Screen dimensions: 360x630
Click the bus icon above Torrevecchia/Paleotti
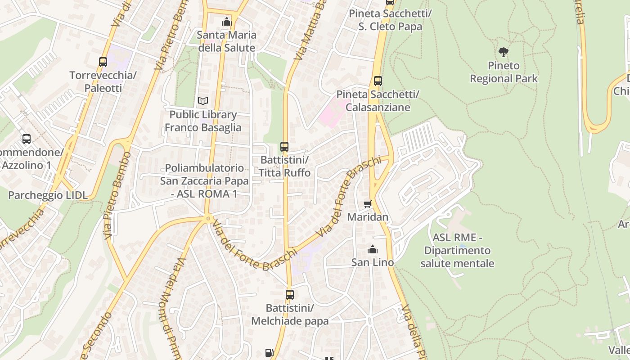tap(103, 62)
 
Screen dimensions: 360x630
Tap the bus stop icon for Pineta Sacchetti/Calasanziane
tap(378, 81)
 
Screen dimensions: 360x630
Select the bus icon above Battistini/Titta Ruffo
tap(284, 146)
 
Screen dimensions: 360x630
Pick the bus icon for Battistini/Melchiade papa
tap(290, 295)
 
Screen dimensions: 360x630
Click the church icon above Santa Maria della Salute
tap(227, 22)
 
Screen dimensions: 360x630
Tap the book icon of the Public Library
tap(203, 101)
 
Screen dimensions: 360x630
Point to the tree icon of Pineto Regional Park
tap(504, 52)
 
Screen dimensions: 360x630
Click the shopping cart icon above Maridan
tap(368, 204)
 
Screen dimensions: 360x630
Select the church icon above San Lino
tap(373, 249)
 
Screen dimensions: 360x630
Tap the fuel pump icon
tap(269, 353)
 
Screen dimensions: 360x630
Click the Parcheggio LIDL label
tap(48, 195)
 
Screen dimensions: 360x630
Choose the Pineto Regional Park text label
tap(504, 72)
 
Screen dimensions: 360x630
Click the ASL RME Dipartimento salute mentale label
tap(457, 250)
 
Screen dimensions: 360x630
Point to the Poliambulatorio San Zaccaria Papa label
tap(204, 181)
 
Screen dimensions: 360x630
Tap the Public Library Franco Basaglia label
tap(203, 121)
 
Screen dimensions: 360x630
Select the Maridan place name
tap(368, 217)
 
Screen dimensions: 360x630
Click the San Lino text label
tap(373, 262)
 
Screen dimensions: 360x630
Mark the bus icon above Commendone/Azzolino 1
tap(27, 139)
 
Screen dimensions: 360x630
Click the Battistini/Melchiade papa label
tap(290, 315)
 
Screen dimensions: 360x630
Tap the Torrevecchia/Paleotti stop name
tap(103, 81)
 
